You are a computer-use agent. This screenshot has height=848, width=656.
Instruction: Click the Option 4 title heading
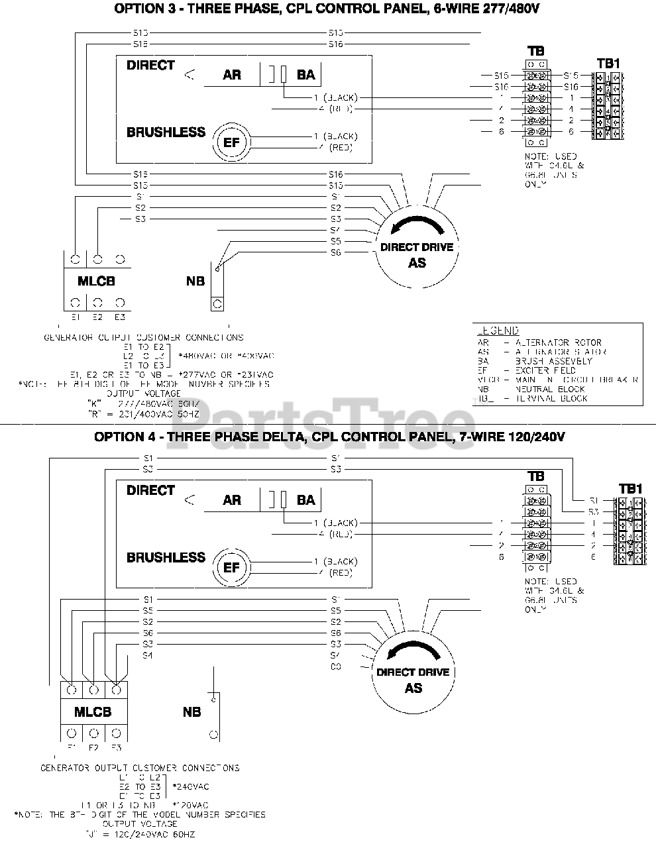tap(329, 437)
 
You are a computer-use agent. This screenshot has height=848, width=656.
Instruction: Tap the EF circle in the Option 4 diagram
tap(231, 568)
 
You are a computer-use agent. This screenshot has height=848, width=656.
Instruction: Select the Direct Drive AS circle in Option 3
tap(417, 254)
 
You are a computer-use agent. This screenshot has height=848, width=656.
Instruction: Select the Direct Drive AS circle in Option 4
tap(413, 680)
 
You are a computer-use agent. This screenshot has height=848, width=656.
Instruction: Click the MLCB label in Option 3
tap(96, 281)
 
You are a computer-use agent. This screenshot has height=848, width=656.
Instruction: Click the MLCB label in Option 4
tap(93, 712)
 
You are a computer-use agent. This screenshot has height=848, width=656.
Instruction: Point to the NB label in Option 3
tap(195, 281)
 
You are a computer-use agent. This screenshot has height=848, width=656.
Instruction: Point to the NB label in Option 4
tap(192, 712)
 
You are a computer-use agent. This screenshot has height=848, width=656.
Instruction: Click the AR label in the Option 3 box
tap(232, 75)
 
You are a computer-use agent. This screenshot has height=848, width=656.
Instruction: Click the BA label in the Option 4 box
tap(306, 500)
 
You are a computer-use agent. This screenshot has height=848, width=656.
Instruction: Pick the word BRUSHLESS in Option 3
tap(166, 132)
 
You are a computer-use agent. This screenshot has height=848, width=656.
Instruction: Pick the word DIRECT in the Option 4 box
tap(150, 490)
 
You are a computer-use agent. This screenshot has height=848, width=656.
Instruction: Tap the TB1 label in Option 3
tap(608, 64)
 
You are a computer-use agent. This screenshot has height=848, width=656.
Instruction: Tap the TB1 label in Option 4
tap(630, 489)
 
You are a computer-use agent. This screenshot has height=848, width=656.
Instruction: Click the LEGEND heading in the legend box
tap(498, 331)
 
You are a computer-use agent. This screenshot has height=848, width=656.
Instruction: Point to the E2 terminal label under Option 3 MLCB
tap(97, 317)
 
